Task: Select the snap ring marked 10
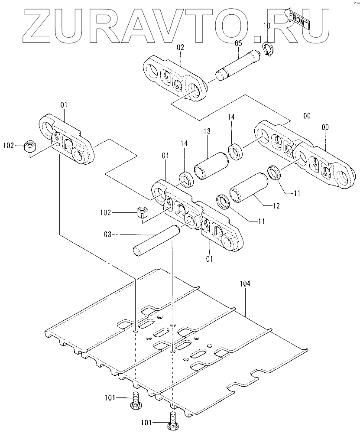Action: [x=268, y=49]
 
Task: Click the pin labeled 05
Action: [x=238, y=65]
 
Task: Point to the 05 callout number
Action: [x=238, y=43]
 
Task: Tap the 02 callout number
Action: [x=180, y=48]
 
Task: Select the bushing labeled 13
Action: [x=211, y=166]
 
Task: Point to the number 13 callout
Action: [x=208, y=131]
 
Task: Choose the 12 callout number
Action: [x=276, y=206]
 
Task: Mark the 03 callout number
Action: [x=108, y=235]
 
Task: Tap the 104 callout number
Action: [x=245, y=283]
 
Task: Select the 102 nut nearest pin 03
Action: [x=143, y=212]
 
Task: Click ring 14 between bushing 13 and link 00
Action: [x=236, y=151]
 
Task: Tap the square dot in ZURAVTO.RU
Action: [x=258, y=39]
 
